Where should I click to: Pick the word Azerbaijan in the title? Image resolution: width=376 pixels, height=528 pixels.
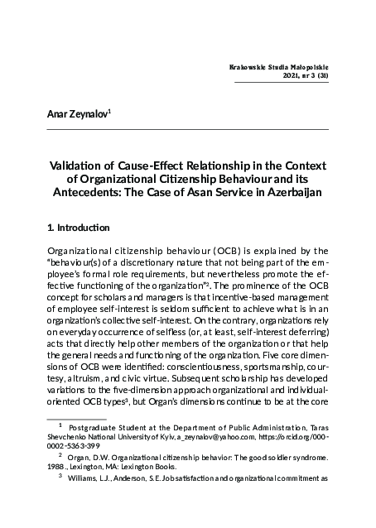tap(288, 194)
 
